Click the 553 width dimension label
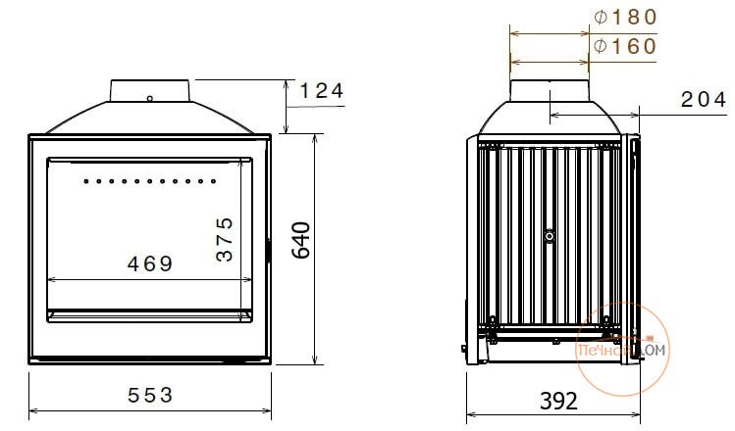150,396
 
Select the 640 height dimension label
301,241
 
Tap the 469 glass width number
150,263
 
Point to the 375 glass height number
225,239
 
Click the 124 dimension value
322,90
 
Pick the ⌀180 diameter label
625,18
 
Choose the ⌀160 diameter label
625,46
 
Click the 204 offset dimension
704,100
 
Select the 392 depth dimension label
558,402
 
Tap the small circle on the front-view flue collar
150,99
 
